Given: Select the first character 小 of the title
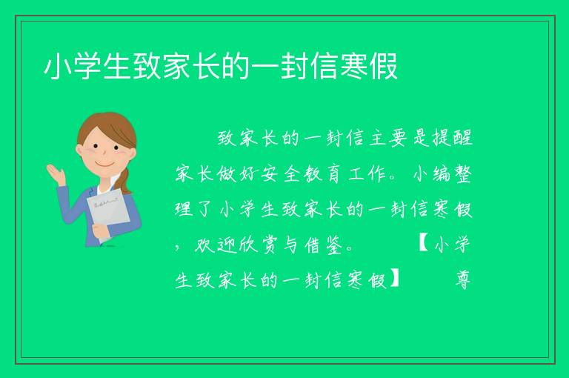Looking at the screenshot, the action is pos(58,67).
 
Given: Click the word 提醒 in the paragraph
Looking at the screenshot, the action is pos(453,138).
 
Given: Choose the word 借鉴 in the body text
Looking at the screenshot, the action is pos(324,245).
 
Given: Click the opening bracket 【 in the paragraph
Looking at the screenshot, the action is pos(424,244).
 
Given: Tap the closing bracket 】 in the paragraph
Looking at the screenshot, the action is pos(394,279).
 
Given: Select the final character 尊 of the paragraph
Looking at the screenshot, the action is pos(462,280).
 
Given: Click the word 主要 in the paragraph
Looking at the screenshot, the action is pos(387,138).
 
